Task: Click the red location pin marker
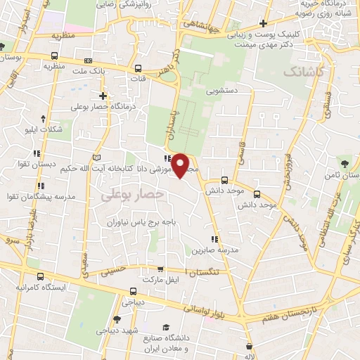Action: (x=181, y=165)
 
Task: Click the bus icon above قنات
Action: (x=138, y=70)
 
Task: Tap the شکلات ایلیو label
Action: (x=43, y=129)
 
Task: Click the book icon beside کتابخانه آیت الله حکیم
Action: (x=96, y=156)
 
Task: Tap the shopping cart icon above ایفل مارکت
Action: (x=160, y=269)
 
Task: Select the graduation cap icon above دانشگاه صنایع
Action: (x=166, y=327)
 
